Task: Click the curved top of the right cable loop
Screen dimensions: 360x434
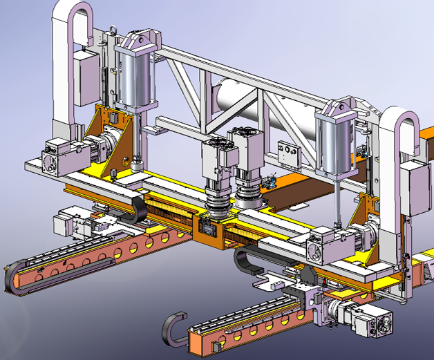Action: tap(399, 117)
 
